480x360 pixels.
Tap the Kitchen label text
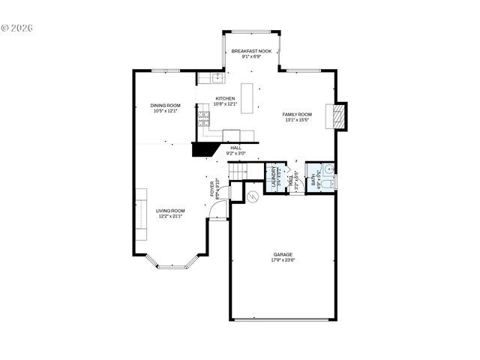(x=225, y=98)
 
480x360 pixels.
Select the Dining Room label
(x=166, y=105)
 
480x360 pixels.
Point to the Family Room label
(x=297, y=114)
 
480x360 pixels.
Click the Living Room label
(x=170, y=211)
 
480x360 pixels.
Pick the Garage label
(x=283, y=254)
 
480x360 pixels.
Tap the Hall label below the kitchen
(x=235, y=148)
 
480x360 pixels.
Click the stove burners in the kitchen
(x=203, y=117)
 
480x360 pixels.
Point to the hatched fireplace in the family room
(x=339, y=116)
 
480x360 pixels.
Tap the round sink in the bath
(x=328, y=168)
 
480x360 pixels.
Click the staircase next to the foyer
(x=239, y=172)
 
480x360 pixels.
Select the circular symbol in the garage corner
(x=253, y=196)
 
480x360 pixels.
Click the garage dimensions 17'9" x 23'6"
(x=283, y=261)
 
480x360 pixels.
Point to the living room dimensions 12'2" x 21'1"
(x=170, y=217)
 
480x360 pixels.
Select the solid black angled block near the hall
(x=202, y=150)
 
